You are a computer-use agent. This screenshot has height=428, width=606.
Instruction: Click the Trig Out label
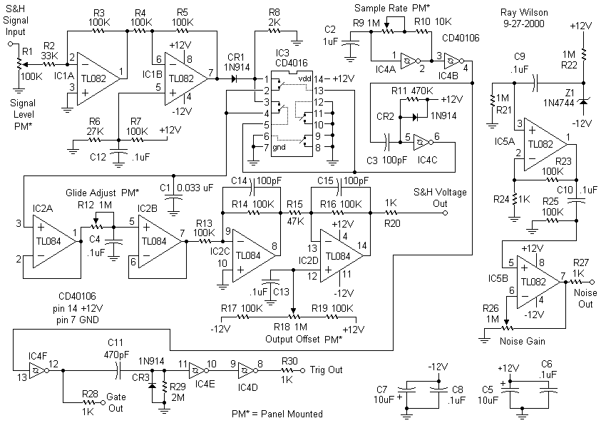pos(326,370)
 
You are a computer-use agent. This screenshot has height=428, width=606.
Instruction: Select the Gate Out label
pos(115,402)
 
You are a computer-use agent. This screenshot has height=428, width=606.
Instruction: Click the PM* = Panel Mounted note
pos(277,414)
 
